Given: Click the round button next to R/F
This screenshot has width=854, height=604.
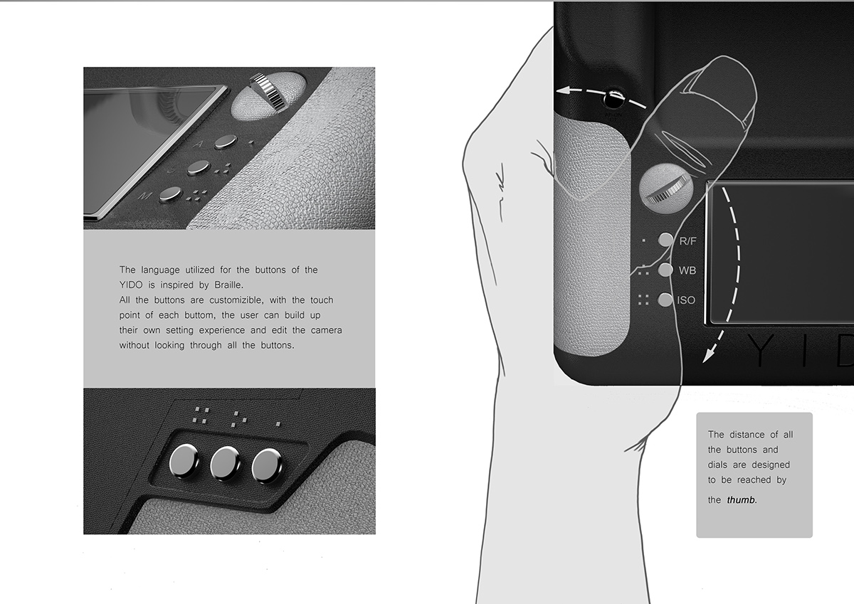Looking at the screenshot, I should [665, 240].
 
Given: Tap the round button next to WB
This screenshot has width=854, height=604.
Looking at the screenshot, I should [665, 270].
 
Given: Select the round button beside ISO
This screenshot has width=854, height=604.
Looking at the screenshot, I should [665, 300].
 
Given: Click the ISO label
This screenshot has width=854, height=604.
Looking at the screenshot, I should [686, 300].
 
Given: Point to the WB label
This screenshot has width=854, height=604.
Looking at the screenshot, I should [687, 270].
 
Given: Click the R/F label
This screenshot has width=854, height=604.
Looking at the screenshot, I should [687, 240].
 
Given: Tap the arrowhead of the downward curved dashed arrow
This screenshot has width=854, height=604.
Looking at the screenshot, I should [706, 356].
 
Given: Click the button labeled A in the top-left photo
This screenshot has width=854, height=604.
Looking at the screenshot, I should [226, 141].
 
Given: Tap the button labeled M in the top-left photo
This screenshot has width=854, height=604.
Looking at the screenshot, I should [170, 194].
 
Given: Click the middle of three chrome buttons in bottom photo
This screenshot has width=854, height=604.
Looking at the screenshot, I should [226, 463].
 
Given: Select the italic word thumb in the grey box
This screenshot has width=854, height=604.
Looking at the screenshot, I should [742, 500].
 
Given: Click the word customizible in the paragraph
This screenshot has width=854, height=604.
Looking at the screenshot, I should [234, 300].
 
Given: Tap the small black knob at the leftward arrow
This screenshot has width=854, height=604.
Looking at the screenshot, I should [613, 95].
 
